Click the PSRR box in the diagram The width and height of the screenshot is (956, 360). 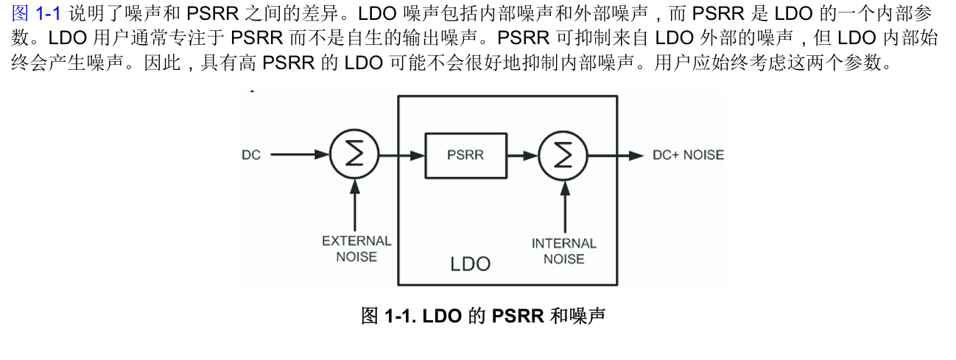466,155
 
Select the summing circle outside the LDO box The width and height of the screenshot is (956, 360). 354,155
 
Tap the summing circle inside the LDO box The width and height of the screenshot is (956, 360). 563,155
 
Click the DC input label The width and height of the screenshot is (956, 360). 251,155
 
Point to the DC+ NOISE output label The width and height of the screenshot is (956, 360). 688,155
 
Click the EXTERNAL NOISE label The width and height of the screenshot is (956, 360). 356,249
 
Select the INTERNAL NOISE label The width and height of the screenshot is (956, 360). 564,251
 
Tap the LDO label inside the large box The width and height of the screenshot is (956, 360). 470,264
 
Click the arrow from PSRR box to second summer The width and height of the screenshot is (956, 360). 523,155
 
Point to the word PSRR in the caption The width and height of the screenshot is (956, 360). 518,317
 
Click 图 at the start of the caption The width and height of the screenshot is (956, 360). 370,317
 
